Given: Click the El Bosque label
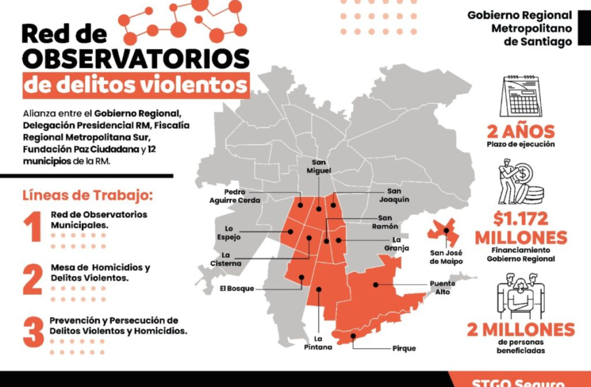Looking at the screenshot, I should click(236, 288).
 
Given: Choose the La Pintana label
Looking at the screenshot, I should click(318, 342).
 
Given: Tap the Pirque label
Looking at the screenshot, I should click(404, 348).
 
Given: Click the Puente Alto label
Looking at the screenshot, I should click(442, 287).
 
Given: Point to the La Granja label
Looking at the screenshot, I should click(401, 244).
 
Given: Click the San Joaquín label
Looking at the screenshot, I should click(398, 196).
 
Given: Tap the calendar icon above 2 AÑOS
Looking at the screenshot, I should click(520, 96).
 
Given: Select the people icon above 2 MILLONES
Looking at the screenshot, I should click(521, 293).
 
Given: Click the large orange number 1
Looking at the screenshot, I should click(32, 227).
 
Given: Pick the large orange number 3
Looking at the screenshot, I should click(33, 331).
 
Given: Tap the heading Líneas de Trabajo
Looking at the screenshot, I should click(88, 196).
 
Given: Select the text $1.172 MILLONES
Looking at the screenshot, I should click(520, 228).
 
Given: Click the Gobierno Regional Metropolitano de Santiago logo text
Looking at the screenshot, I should click(519, 28).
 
